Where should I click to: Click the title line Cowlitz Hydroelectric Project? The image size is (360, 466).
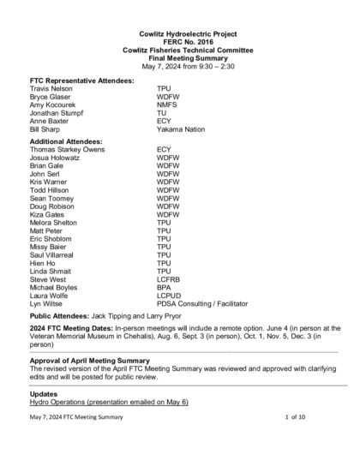click(x=179, y=32)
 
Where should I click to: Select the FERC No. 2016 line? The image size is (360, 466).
click(x=179, y=39)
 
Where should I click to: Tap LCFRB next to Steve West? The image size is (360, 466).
click(x=169, y=279)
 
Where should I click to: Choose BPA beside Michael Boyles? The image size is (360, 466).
click(x=164, y=288)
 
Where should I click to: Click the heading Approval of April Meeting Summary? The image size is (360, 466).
click(x=99, y=360)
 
